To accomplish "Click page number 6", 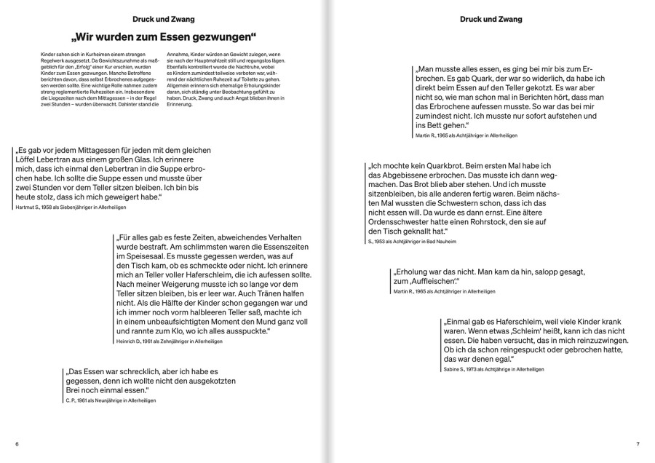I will click(16, 443).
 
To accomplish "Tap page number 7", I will click(637, 443).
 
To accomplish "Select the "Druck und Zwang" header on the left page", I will click(166, 17).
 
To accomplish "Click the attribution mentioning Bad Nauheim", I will click(414, 241).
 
